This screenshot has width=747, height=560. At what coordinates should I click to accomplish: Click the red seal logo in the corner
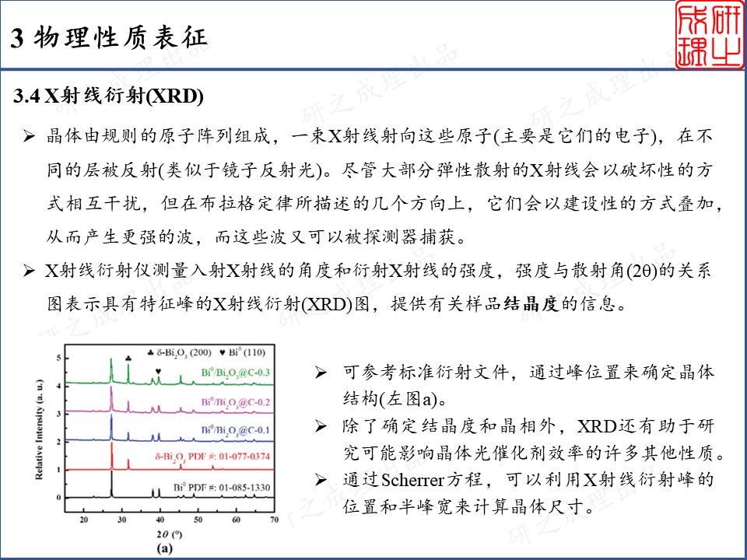pyautogui.click(x=710, y=34)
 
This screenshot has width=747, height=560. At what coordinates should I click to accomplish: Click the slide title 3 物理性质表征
pyautogui.click(x=109, y=38)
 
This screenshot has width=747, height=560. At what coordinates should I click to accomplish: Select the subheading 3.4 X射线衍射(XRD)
pyautogui.click(x=109, y=96)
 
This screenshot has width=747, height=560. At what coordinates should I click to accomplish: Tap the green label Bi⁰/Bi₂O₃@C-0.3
pyautogui.click(x=235, y=373)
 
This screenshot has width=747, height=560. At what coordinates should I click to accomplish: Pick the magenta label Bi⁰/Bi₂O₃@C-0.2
pyautogui.click(x=235, y=403)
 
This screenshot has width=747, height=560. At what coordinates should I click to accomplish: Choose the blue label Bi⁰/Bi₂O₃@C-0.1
pyautogui.click(x=235, y=430)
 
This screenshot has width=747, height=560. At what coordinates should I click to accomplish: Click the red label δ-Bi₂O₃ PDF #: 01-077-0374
pyautogui.click(x=212, y=457)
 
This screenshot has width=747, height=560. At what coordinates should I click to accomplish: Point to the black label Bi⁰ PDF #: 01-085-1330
pyautogui.click(x=222, y=488)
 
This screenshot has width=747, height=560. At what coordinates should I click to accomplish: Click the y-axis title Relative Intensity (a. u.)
pyautogui.click(x=39, y=429)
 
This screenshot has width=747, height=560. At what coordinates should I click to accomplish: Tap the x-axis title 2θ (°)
pyautogui.click(x=167, y=534)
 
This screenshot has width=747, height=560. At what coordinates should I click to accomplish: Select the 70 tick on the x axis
pyautogui.click(x=274, y=520)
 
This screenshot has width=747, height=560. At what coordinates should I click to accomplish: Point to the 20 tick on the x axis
pyautogui.click(x=84, y=520)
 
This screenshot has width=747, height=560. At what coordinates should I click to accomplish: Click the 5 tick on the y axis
pyautogui.click(x=59, y=358)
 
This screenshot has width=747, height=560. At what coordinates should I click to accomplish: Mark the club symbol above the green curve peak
pyautogui.click(x=128, y=358)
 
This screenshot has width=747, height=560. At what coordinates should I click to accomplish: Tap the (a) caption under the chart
pyautogui.click(x=164, y=548)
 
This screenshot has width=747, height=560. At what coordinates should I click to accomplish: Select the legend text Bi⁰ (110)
pyautogui.click(x=247, y=353)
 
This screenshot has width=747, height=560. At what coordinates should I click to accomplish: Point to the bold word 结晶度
pyautogui.click(x=531, y=304)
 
